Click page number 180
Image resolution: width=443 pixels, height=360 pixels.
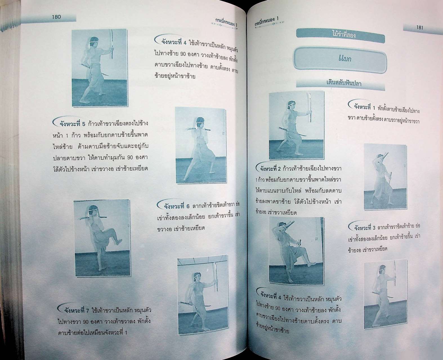point(56,17)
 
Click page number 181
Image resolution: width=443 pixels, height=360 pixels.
point(419,28)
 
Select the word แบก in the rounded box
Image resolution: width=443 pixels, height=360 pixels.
point(344,58)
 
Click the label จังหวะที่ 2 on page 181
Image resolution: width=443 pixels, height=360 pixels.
point(270,168)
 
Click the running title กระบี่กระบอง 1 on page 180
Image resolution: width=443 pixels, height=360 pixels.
point(227,22)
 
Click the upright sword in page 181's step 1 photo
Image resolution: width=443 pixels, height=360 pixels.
point(309,107)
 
